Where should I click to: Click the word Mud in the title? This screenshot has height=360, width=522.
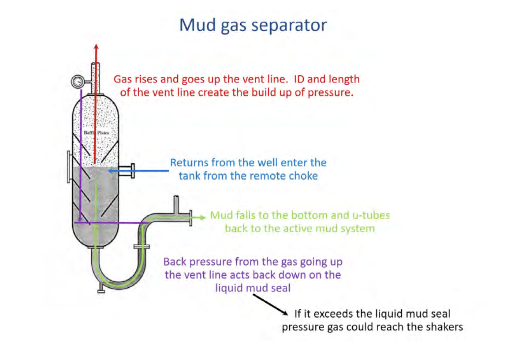click(x=197, y=25)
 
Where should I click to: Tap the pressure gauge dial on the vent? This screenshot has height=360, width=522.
click(x=78, y=82)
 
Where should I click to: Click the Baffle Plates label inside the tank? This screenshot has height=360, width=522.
click(x=95, y=133)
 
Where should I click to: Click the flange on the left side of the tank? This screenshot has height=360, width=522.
click(x=69, y=166)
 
